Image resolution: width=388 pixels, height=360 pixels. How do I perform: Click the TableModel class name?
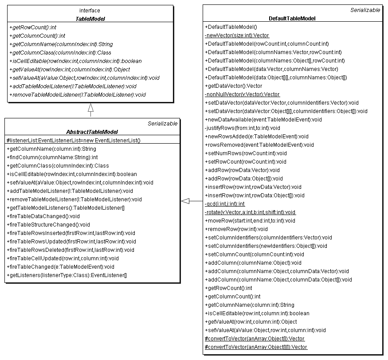(x=90, y=19)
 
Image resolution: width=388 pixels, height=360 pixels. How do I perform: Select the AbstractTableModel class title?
(x=92, y=132)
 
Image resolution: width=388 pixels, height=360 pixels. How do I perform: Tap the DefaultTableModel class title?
(x=292, y=18)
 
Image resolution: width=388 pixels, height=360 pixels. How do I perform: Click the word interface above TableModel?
(x=90, y=10)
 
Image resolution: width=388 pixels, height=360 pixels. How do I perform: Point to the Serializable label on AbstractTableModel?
(x=162, y=124)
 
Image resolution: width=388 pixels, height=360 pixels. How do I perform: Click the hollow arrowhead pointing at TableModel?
(x=90, y=108)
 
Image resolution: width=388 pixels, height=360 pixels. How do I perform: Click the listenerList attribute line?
(x=73, y=141)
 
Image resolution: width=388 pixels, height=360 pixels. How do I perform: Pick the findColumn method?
(x=52, y=157)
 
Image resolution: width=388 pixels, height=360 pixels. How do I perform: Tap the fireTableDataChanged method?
(x=43, y=216)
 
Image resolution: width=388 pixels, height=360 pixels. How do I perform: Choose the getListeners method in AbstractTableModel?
(x=67, y=275)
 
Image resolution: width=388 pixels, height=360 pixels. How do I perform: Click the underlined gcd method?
(x=224, y=204)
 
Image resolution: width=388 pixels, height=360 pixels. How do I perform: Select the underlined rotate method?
(x=250, y=212)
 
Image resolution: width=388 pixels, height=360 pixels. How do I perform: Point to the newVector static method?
(x=237, y=35)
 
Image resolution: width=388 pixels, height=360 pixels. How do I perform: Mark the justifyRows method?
(x=242, y=128)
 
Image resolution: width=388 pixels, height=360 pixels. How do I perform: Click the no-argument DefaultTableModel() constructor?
(x=231, y=27)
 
